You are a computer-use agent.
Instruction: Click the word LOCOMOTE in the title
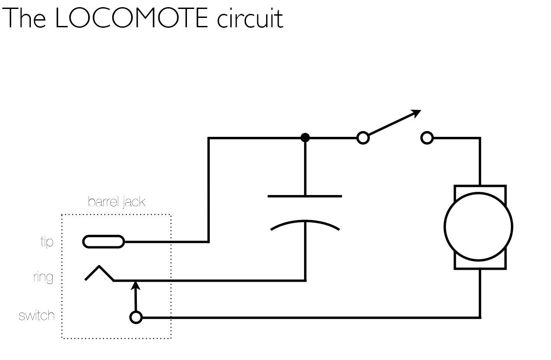pyautogui.click(x=131, y=19)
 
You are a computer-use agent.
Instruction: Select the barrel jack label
pyautogui.click(x=117, y=202)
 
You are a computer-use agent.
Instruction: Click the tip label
pyautogui.click(x=47, y=241)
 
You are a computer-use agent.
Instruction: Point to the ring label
pyautogui.click(x=43, y=277)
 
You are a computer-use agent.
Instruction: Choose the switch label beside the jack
pyautogui.click(x=37, y=316)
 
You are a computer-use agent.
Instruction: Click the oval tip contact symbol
pyautogui.click(x=103, y=242)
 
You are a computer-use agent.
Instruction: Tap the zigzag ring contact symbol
pyautogui.click(x=99, y=273)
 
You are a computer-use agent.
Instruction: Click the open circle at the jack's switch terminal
pyautogui.click(x=136, y=318)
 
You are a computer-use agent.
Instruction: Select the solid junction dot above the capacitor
pyautogui.click(x=305, y=137)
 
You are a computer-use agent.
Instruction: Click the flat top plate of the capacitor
pyautogui.click(x=305, y=196)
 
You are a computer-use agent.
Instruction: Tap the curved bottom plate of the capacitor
pyautogui.click(x=305, y=224)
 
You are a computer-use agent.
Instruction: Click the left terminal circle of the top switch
pyautogui.click(x=363, y=138)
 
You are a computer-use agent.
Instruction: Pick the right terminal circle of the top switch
pyautogui.click(x=427, y=138)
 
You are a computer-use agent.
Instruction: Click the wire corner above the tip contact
pyautogui.click(x=209, y=138)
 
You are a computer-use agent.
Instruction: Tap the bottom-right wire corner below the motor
pyautogui.click(x=480, y=317)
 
